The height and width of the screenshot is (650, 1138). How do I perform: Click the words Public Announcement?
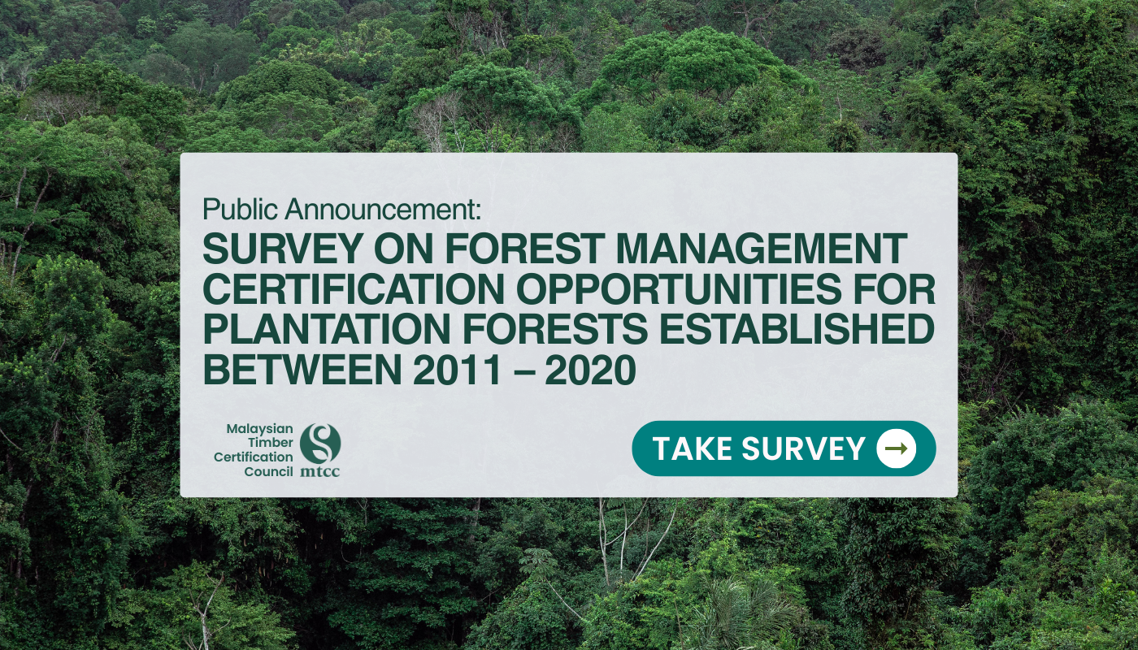coord(341,209)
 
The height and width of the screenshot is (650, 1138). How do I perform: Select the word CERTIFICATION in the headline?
coord(354,289)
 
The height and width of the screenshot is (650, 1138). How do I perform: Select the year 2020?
coord(591,369)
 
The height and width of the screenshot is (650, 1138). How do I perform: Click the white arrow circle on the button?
coord(896,448)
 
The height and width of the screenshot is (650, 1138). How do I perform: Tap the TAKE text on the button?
coord(693,448)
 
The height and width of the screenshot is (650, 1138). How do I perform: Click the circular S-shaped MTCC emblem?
coord(320,442)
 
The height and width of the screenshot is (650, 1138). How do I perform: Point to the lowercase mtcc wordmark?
coord(320,472)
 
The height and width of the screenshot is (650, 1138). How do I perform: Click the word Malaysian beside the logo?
coord(259,429)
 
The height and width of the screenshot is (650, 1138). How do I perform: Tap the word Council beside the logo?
coord(269,472)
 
